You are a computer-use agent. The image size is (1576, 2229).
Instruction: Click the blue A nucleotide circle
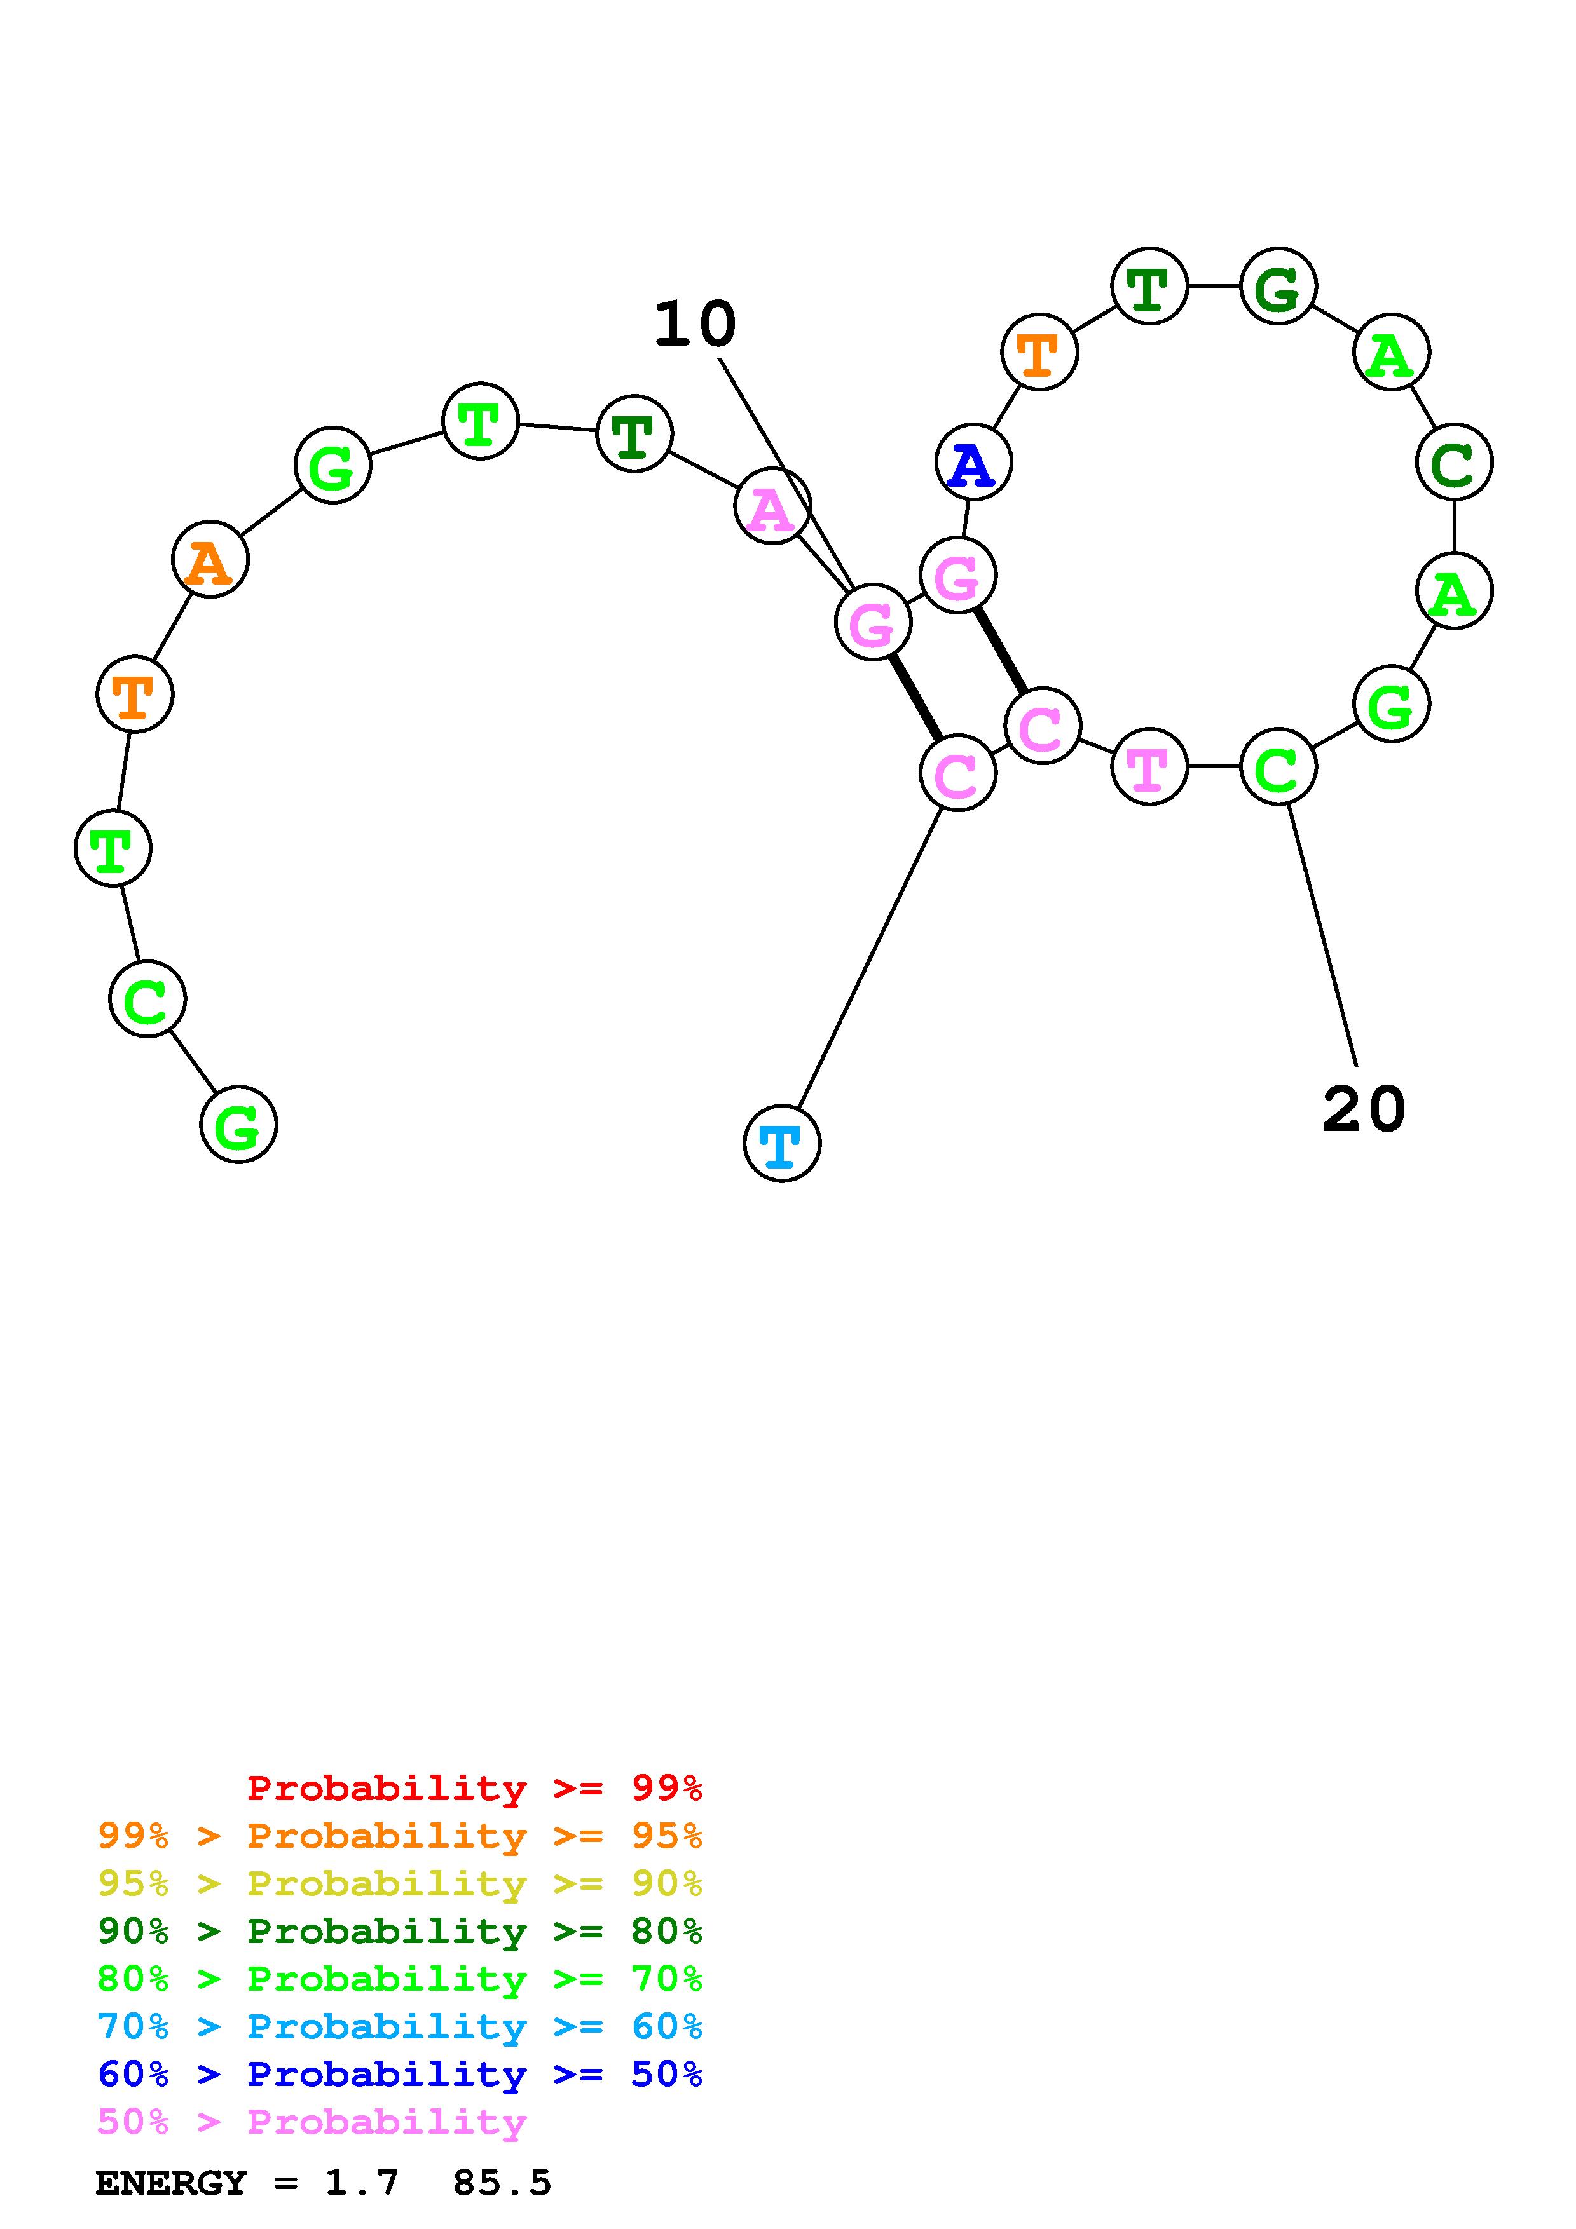coord(973,463)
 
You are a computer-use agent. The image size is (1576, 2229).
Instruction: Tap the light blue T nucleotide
coord(782,1144)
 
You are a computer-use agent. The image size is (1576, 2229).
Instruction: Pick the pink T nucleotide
coord(1149,767)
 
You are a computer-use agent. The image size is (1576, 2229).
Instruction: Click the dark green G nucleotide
coord(1278,287)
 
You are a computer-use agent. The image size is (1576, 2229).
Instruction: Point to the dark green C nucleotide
coord(1454,463)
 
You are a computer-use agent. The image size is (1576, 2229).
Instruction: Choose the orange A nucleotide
coord(210,560)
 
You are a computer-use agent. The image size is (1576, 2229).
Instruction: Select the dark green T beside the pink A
coord(634,434)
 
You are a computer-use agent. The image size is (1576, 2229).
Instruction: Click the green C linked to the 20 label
coord(1278,767)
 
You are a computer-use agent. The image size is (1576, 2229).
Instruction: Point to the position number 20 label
coord(1363,1109)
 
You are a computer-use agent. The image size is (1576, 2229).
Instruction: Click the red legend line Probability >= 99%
coord(474,1788)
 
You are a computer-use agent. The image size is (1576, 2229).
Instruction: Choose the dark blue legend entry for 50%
coord(399,2075)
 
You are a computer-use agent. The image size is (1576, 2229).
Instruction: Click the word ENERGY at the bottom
coord(171,2183)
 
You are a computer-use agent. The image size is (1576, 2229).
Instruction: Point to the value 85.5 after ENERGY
coord(501,2183)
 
